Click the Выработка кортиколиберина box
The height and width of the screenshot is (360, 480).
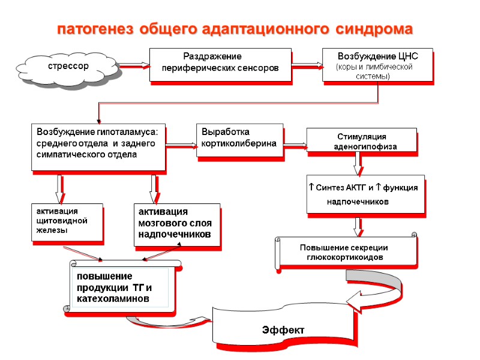(x=239, y=140)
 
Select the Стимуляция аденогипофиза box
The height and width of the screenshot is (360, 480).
(x=361, y=142)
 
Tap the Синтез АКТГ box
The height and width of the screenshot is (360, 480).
(x=364, y=194)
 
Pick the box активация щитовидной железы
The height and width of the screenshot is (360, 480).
(x=67, y=223)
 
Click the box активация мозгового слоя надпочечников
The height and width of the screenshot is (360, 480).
(x=176, y=224)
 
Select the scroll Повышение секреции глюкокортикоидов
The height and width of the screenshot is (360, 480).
(x=346, y=253)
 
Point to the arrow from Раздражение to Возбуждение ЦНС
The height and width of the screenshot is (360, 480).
(x=307, y=64)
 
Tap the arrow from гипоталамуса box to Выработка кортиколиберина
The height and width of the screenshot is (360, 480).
(x=181, y=144)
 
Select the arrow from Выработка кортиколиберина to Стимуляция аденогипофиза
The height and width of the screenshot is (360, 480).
(x=295, y=144)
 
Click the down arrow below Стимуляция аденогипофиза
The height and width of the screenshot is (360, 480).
(x=358, y=161)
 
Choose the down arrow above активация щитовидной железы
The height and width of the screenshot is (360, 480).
(x=59, y=188)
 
